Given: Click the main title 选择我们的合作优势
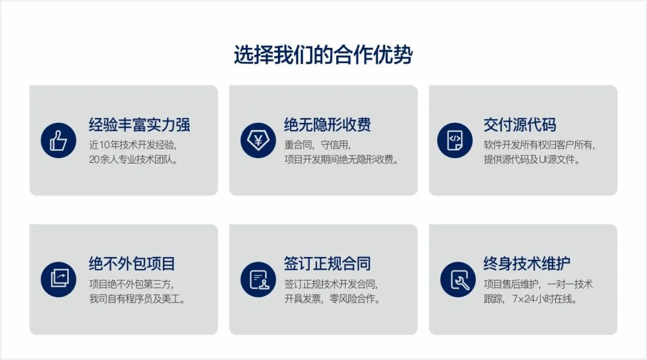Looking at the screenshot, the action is point(323,55).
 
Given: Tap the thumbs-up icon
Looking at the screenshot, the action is point(59,140).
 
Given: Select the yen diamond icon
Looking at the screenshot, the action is point(258,140).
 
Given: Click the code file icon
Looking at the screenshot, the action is point(455,140).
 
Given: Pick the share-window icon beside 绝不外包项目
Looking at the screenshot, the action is point(59,279).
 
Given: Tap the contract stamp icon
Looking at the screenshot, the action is point(258,279).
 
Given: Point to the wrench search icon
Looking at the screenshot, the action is point(458,279).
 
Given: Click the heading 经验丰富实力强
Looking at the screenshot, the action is point(140,125).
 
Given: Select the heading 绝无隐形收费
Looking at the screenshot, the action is point(327,125).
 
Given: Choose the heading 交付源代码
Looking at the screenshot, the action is point(520,125).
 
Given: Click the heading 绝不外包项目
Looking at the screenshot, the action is point(132,264).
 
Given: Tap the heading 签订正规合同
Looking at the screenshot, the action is point(327,264).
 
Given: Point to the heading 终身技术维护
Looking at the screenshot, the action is point(527,264).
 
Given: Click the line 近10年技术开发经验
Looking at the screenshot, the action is point(132,145).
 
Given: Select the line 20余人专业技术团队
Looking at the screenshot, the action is point(133,159).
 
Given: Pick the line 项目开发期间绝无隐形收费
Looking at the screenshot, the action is point(341,159).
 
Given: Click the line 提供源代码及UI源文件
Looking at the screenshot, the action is point(532,159).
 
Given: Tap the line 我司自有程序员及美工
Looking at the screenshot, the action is point(137,298).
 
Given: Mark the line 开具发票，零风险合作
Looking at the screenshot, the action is point(332,298).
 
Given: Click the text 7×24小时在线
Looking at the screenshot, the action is point(545,298).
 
